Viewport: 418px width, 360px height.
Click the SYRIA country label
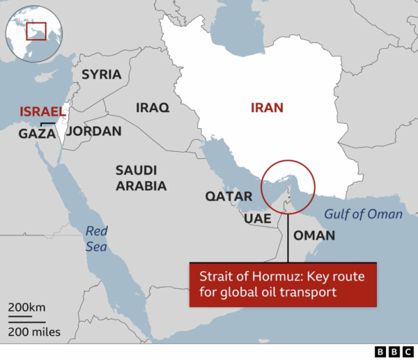[x=101, y=75]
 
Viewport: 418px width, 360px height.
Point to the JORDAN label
[x=93, y=131]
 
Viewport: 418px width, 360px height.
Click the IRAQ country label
[x=152, y=108]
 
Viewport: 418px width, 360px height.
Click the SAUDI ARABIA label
[x=141, y=178]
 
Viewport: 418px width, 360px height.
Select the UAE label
[x=257, y=218]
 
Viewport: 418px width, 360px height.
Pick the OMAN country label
[x=313, y=235]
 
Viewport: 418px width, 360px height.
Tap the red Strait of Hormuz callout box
[x=283, y=284]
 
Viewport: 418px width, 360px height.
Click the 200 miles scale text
[x=34, y=331]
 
